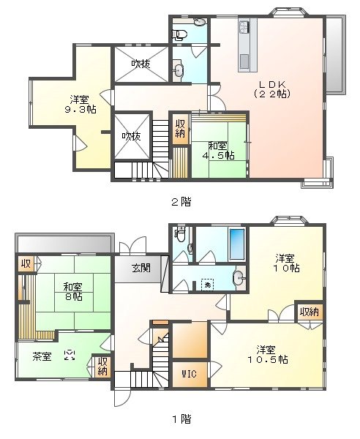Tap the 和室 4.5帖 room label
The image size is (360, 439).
pos(217,149)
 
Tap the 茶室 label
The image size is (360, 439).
pos(42,356)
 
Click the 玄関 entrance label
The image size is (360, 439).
pos(141,268)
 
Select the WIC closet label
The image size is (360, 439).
pos(188,374)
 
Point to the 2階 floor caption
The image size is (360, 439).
pos(181,200)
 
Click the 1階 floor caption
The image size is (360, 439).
pos(181,419)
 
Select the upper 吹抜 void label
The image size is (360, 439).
pos(141,64)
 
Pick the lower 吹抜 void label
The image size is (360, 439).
pos(132,136)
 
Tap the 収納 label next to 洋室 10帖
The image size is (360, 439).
pos(310,312)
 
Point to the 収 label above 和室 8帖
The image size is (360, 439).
pos(26,264)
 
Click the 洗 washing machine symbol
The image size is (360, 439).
pos(207,283)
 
